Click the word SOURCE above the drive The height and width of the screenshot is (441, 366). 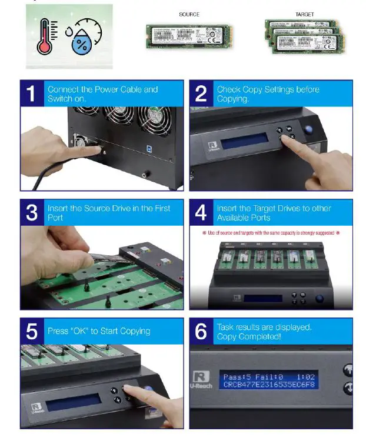(189, 14)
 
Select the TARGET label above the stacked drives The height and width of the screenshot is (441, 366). (304, 14)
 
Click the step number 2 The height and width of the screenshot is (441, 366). (201, 93)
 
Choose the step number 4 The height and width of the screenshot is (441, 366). (201, 212)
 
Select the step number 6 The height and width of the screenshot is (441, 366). (201, 331)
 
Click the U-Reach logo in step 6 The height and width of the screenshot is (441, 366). (201, 379)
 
